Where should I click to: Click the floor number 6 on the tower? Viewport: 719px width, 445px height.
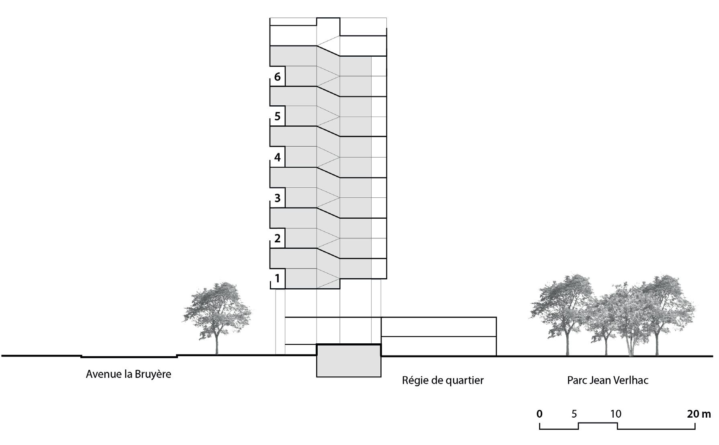[x=277, y=77]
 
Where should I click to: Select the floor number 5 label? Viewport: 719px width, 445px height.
[x=277, y=117]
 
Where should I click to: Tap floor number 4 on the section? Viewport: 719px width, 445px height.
[x=277, y=157]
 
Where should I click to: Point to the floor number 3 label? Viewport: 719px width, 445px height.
[x=277, y=198]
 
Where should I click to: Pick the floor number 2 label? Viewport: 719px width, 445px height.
[x=277, y=238]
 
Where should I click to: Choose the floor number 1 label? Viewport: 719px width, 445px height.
[x=277, y=278]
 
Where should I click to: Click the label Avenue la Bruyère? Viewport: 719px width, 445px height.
[x=129, y=374]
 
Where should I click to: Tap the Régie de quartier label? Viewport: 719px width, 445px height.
[x=443, y=380]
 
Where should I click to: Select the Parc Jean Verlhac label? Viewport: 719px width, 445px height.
[x=608, y=380]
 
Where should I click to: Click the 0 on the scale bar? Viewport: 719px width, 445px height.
[x=539, y=414]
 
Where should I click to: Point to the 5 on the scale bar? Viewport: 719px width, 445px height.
[x=574, y=414]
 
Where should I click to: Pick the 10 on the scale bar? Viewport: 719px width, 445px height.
[x=616, y=414]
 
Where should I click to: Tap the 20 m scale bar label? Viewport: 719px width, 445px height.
[x=699, y=414]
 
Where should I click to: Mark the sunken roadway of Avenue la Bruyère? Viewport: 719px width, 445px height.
[x=129, y=356]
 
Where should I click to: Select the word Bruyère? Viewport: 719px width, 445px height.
[x=153, y=374]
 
